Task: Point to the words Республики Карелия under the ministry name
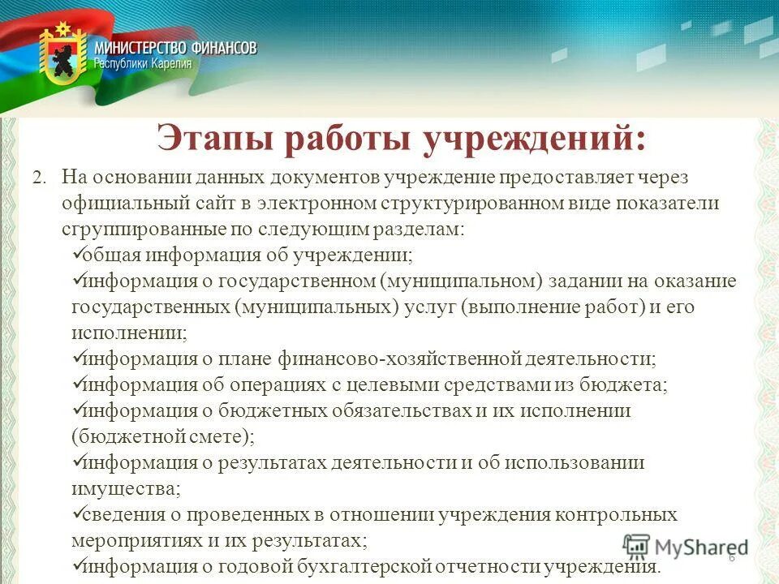144,64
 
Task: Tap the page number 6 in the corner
731,558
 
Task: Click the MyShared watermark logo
686,547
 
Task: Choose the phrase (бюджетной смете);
162,436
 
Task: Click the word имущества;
126,488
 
